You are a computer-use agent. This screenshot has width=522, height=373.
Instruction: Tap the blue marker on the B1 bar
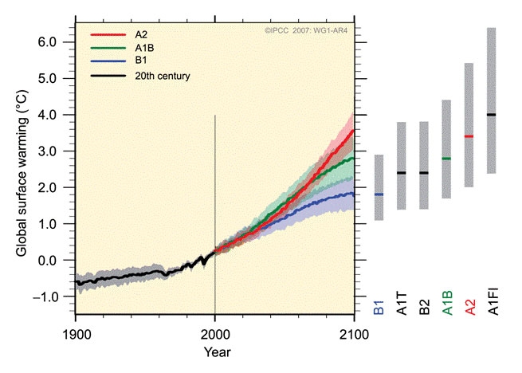(379, 194)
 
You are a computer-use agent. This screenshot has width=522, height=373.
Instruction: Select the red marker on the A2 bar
(469, 136)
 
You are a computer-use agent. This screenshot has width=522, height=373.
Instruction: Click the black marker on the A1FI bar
(491, 115)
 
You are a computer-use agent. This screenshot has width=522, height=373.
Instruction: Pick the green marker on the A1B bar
(446, 159)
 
